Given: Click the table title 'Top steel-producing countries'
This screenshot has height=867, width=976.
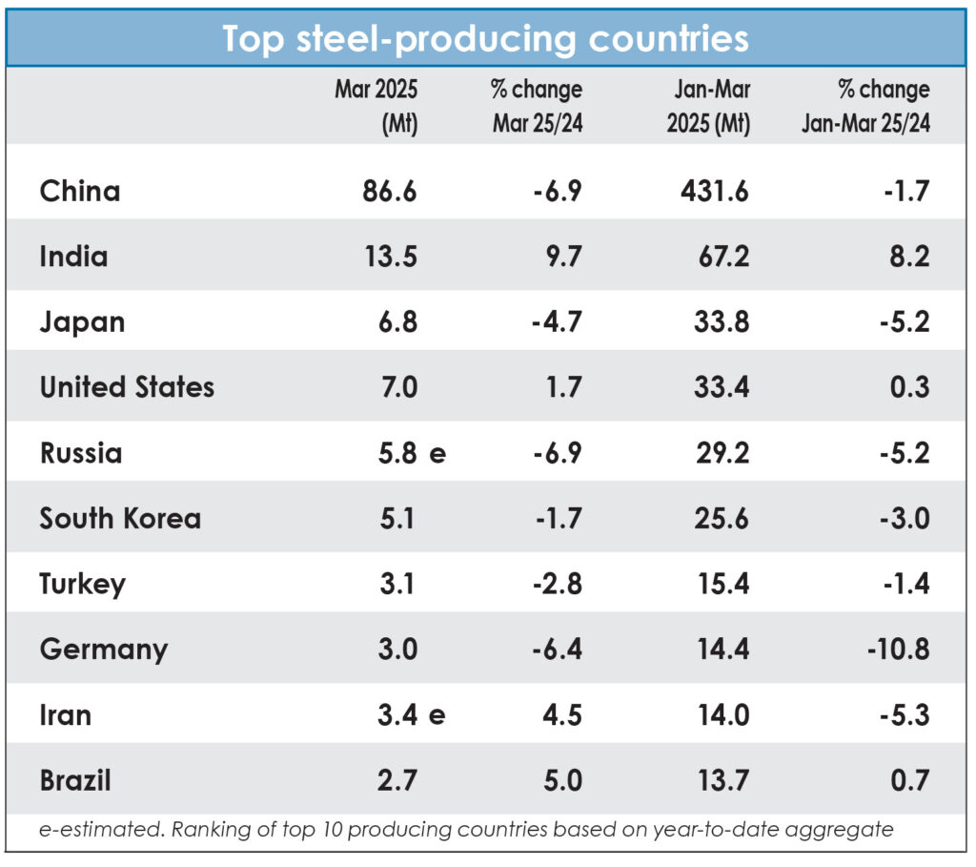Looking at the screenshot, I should [x=485, y=38].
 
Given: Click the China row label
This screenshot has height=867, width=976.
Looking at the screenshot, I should [x=80, y=191].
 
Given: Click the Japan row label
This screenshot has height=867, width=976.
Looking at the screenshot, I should [x=82, y=321].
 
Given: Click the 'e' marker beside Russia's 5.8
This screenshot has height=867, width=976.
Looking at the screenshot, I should [x=437, y=453].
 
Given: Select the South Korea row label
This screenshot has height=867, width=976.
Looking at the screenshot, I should [x=120, y=518].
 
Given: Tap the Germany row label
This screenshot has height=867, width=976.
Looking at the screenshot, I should [x=103, y=650].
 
